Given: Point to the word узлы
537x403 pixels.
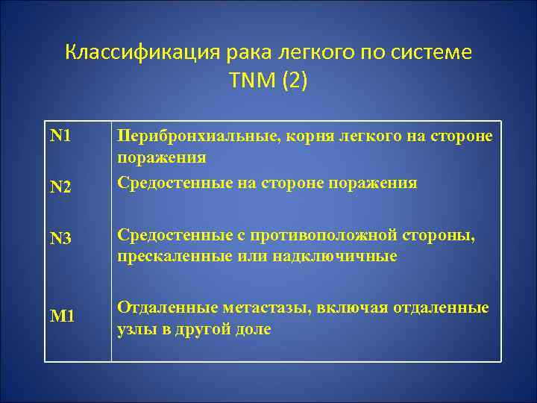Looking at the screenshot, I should [x=135, y=329].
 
